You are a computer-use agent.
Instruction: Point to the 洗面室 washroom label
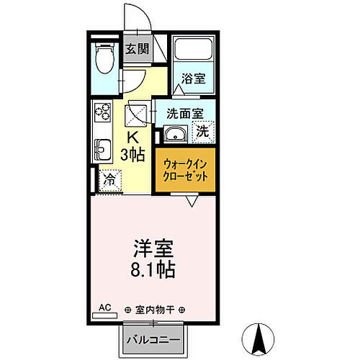click(185, 113)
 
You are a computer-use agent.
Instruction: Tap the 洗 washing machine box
click(202, 131)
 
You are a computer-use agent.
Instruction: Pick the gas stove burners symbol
click(102, 112)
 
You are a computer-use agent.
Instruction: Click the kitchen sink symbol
click(101, 150)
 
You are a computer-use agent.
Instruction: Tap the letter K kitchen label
click(133, 138)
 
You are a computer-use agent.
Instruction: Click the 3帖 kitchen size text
click(133, 154)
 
